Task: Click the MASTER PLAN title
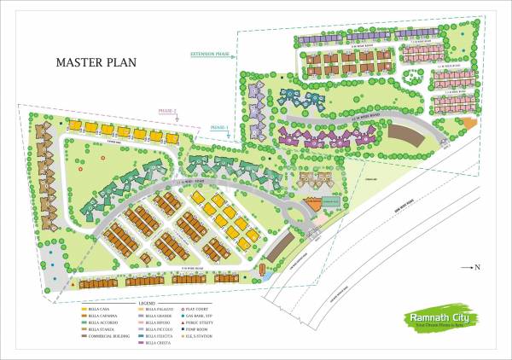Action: point(96,62)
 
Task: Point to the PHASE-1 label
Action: point(218,127)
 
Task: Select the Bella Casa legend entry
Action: point(99,309)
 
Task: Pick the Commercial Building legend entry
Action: point(107,336)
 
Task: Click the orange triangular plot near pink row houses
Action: point(468,124)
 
